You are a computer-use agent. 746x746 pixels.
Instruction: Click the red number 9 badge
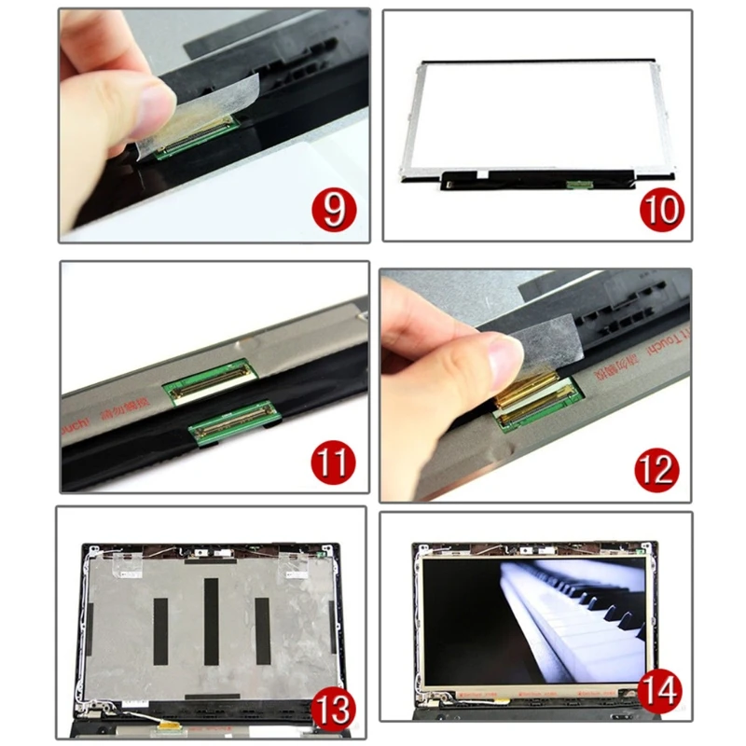pos(332,208)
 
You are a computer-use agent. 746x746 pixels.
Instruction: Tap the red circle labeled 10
pos(661,209)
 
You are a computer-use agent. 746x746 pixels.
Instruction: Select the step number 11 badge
pos(333,463)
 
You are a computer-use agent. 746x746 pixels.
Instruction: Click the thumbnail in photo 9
pos(148,102)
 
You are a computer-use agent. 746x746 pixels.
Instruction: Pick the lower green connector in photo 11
pos(234,421)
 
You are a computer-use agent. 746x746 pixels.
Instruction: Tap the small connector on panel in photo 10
pos(579,184)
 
